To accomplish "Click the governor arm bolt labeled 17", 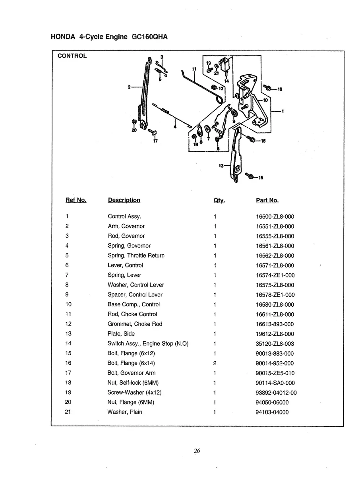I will click(x=152, y=132).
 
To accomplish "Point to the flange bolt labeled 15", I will click(x=250, y=176).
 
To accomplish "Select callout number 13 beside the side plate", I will click(x=221, y=166).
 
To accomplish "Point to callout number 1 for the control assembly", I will click(x=283, y=111).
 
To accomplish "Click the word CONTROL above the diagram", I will click(x=72, y=56).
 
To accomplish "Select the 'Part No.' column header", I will click(x=267, y=201).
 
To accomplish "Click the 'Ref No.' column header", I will click(x=76, y=200).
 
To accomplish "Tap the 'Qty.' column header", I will click(x=219, y=201).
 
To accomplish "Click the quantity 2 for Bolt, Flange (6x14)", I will click(x=215, y=364).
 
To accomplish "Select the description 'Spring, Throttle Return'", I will click(x=136, y=255).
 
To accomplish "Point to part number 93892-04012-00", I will click(x=276, y=393).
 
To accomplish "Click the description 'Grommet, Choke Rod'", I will click(x=135, y=324).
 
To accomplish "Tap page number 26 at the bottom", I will click(x=197, y=451).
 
